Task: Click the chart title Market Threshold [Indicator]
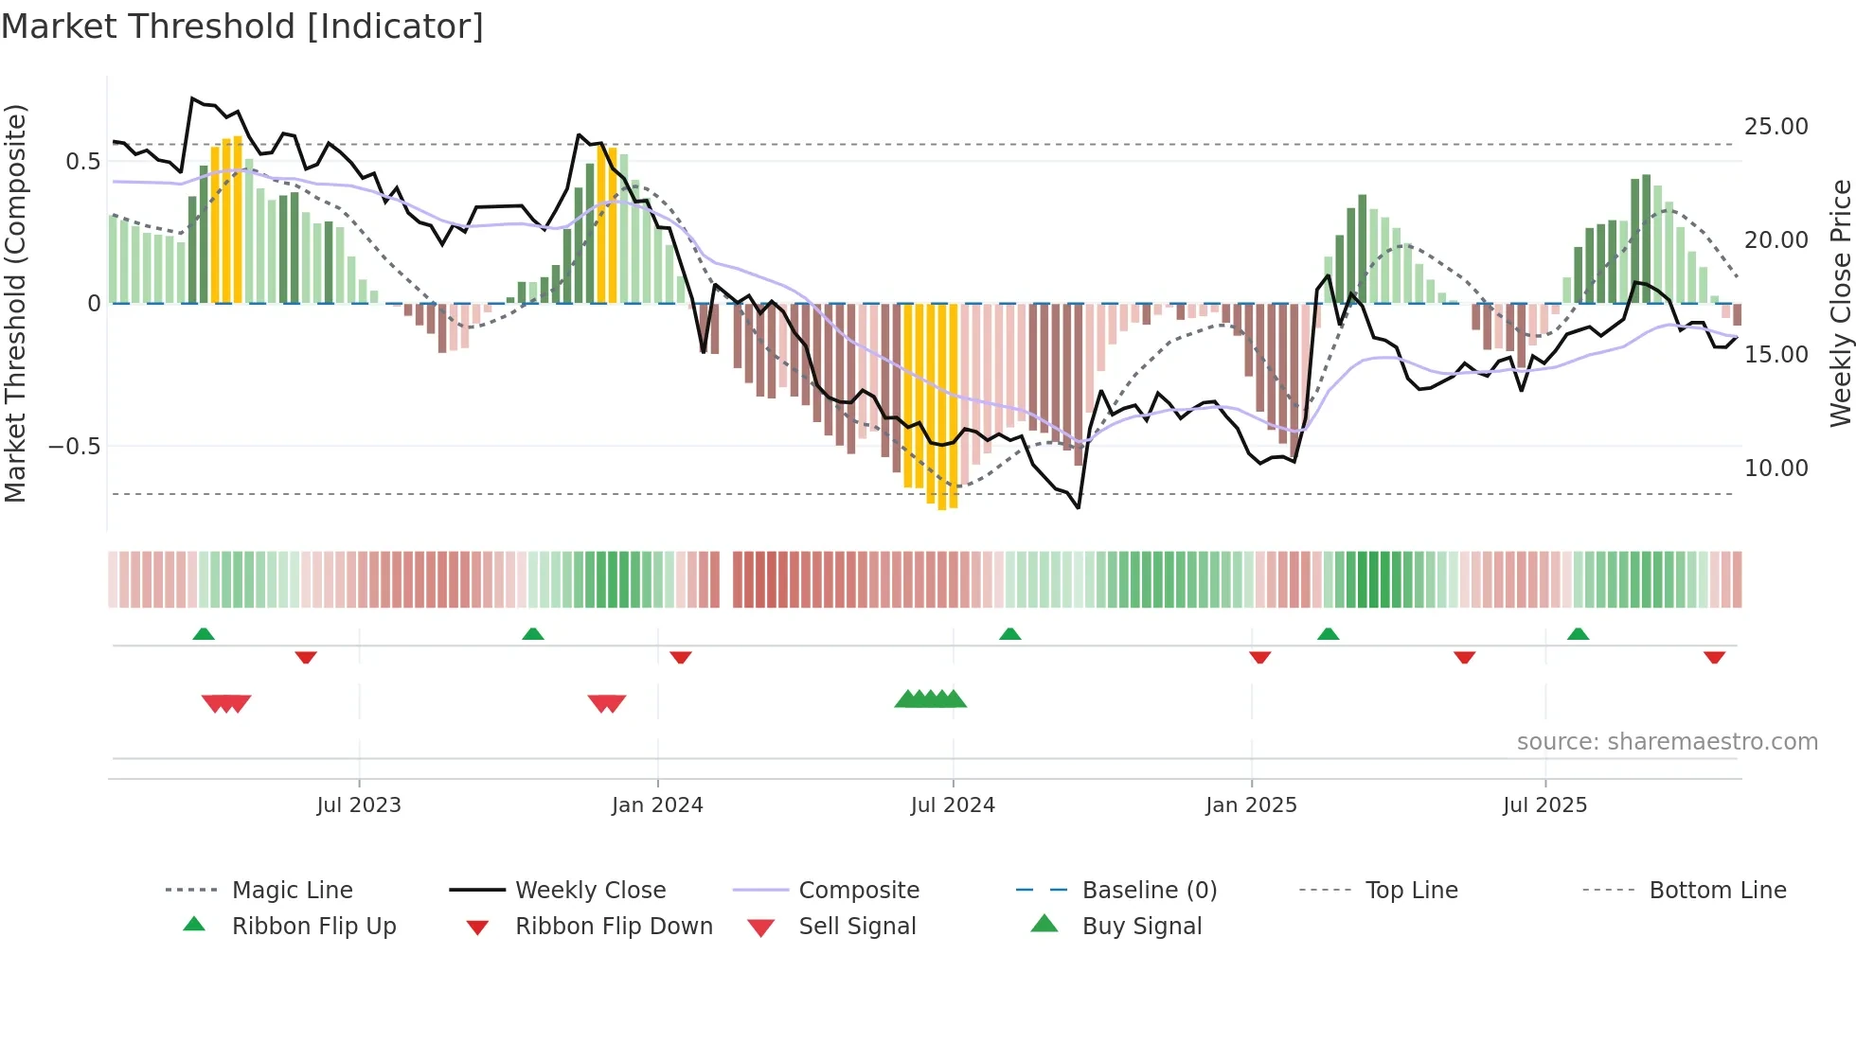coord(242,27)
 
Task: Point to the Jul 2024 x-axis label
coord(953,805)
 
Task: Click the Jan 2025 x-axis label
coord(1251,805)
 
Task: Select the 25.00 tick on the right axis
coord(1776,127)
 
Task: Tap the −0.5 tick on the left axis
coord(75,447)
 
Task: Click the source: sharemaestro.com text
coord(1667,742)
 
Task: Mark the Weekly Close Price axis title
coord(1840,303)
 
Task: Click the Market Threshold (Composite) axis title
coord(15,303)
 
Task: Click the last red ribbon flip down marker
coord(1714,657)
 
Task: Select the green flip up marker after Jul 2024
coord(1010,634)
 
